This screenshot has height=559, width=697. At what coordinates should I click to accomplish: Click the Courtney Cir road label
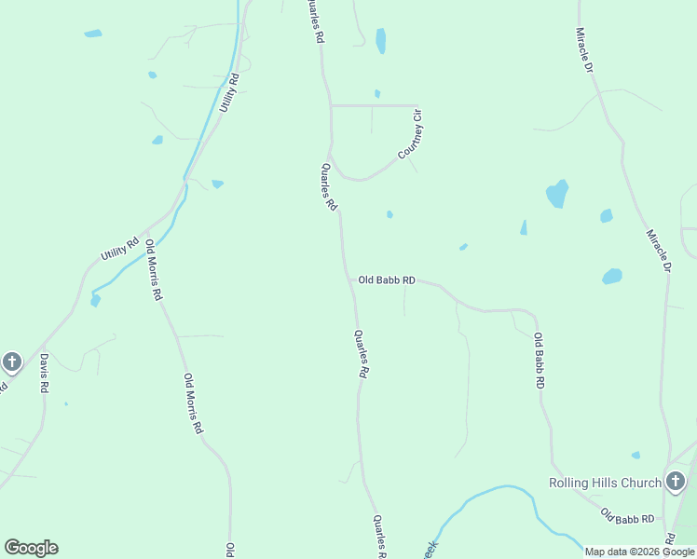[412, 135]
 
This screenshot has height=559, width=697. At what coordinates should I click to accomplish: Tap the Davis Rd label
[43, 374]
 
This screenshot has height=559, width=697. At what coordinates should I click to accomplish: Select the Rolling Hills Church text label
[604, 483]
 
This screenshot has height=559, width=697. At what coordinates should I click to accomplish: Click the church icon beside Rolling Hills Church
[676, 482]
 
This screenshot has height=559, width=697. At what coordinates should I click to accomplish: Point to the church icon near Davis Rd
[12, 361]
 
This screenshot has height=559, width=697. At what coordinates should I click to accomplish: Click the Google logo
[31, 548]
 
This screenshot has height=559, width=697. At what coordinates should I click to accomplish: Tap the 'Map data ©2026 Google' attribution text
[640, 552]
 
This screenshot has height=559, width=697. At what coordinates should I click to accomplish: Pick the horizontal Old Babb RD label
[387, 279]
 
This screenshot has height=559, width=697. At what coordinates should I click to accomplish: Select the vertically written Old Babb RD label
[539, 361]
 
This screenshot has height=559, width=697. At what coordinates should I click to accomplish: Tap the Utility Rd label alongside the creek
[229, 93]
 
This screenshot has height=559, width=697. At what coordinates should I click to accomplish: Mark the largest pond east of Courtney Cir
[557, 194]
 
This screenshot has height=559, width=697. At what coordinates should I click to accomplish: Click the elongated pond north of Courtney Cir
[380, 40]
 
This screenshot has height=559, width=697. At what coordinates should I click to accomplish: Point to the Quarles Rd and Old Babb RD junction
[350, 279]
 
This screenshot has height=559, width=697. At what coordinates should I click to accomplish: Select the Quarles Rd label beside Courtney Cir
[328, 187]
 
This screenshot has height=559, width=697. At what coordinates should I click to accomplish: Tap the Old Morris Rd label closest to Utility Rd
[154, 269]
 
